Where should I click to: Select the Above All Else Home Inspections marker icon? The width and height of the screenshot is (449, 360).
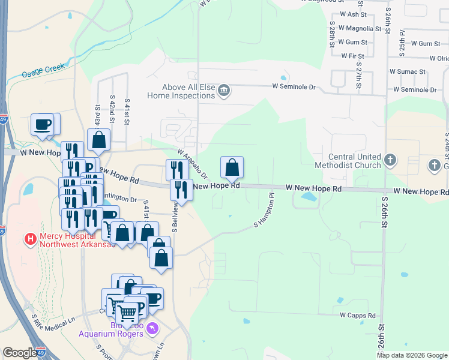pyautogui.click(x=224, y=91)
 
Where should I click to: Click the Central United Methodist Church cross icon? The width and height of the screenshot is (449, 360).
pyautogui.click(x=390, y=160)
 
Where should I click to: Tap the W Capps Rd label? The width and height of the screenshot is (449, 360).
pyautogui.click(x=357, y=315)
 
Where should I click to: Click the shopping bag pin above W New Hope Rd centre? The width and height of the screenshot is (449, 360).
pyautogui.click(x=232, y=167)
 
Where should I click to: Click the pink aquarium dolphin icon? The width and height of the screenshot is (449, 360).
pyautogui.click(x=152, y=328)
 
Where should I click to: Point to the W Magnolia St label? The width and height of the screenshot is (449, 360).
pyautogui.click(x=360, y=28)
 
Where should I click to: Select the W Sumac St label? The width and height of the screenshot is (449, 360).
pyautogui.click(x=407, y=71)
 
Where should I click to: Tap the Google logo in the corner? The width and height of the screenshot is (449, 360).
pyautogui.click(x=19, y=353)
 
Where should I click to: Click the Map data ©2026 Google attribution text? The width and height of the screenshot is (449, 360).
pyautogui.click(x=411, y=355)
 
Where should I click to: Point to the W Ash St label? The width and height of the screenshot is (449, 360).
pyautogui.click(x=353, y=14)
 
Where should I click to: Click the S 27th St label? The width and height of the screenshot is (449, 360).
pyautogui.click(x=358, y=75)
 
